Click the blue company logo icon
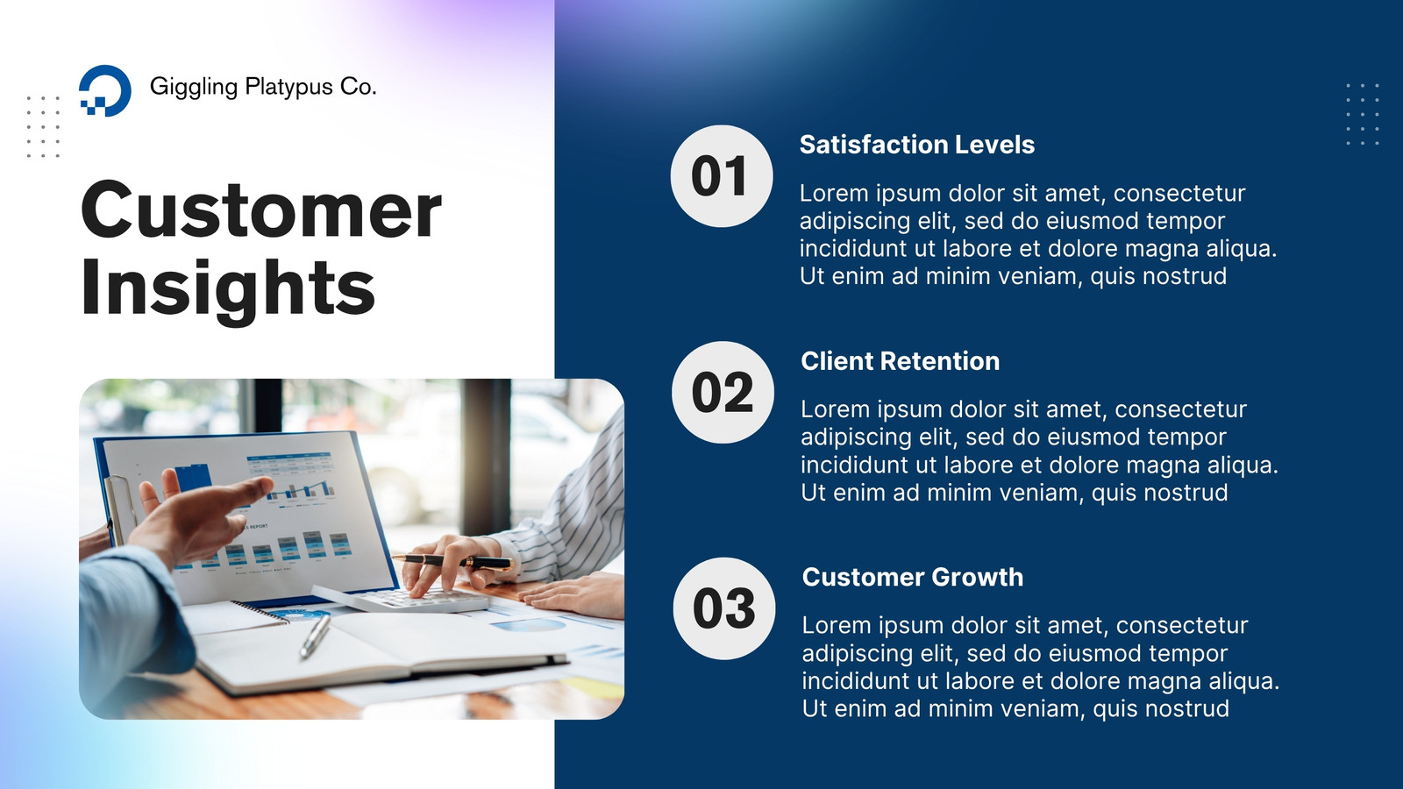104,90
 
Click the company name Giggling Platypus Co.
263,87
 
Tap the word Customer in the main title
261,210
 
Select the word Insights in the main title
228,290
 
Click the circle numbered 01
721,176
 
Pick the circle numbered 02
723,393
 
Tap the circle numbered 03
724,608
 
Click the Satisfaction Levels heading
917,145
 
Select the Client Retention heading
900,361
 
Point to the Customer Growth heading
913,578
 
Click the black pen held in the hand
451,562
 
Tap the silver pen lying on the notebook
315,636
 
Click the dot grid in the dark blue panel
1363,114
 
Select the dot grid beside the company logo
43,127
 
